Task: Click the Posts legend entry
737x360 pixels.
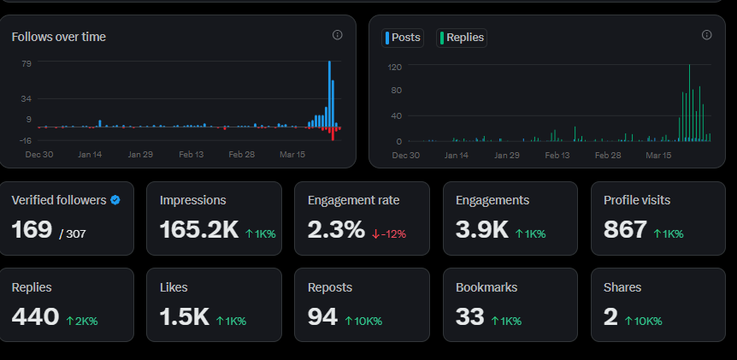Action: click(x=403, y=38)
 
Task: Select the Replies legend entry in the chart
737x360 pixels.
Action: click(x=462, y=38)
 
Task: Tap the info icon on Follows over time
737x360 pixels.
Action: click(x=338, y=35)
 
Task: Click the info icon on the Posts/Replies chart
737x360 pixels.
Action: click(x=706, y=35)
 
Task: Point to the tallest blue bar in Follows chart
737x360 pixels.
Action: click(x=329, y=94)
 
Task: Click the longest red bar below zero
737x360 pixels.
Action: click(x=333, y=134)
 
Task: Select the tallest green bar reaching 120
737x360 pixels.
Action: click(x=689, y=103)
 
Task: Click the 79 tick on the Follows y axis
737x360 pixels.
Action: click(x=27, y=63)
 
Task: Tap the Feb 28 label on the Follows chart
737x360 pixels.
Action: click(x=242, y=154)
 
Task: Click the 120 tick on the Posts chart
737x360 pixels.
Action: click(x=395, y=68)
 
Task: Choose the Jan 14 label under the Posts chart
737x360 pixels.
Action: click(x=457, y=155)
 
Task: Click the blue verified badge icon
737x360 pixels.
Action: click(x=115, y=200)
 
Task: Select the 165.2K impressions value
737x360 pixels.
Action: click(x=199, y=230)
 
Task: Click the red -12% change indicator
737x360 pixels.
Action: click(x=389, y=233)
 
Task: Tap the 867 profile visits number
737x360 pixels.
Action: click(x=626, y=230)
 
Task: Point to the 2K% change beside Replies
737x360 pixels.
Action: click(x=82, y=321)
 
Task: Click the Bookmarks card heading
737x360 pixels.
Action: click(x=486, y=287)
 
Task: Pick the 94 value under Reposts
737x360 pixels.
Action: click(x=322, y=316)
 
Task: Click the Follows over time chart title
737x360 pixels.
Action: click(x=59, y=37)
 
